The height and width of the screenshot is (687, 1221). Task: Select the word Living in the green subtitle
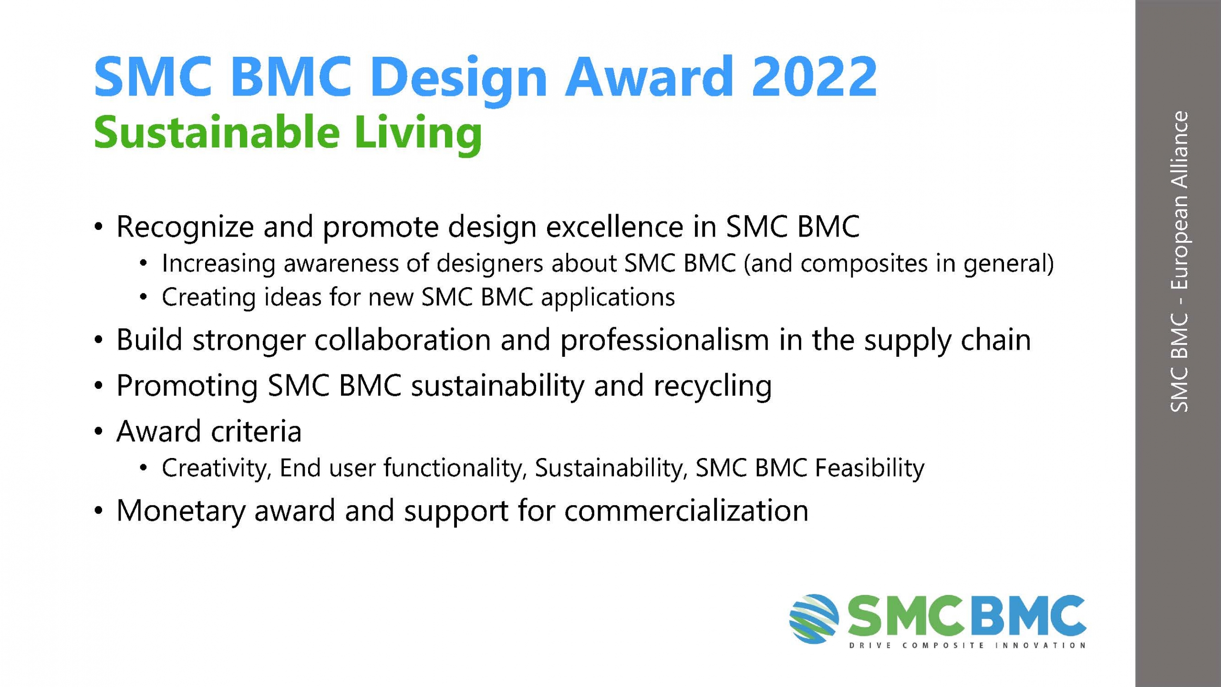(418, 134)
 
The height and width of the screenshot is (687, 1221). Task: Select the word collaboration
(403, 340)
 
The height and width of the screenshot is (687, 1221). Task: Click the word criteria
(256, 431)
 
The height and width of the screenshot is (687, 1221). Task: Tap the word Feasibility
(869, 468)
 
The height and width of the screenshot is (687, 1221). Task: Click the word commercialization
(686, 510)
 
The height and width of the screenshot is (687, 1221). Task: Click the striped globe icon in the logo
(814, 619)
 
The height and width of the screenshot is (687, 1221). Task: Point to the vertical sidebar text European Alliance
(1179, 201)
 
